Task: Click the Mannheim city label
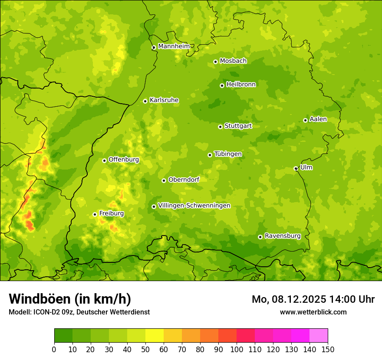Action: [x=174, y=46]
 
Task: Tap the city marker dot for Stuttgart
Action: [x=220, y=127]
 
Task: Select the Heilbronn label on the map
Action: [x=241, y=85]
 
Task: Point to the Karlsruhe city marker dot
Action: [x=145, y=101]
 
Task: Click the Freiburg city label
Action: [x=111, y=213]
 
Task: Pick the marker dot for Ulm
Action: [x=296, y=168]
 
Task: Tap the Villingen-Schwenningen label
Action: [x=194, y=206]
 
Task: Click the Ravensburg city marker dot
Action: [x=260, y=237]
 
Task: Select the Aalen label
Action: [x=318, y=119]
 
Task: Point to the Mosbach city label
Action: [x=233, y=61]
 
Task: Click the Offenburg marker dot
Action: [x=104, y=160]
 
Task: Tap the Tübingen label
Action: [x=228, y=154]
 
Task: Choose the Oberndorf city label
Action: [x=184, y=180]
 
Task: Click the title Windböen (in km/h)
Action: [x=70, y=299]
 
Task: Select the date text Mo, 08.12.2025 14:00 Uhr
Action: [x=313, y=299]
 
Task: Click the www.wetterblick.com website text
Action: [x=313, y=312]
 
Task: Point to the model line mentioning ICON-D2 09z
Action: [x=79, y=312]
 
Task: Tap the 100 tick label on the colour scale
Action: [x=237, y=350]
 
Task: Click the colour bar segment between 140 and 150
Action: [x=319, y=336]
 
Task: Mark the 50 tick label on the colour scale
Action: [x=145, y=350]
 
